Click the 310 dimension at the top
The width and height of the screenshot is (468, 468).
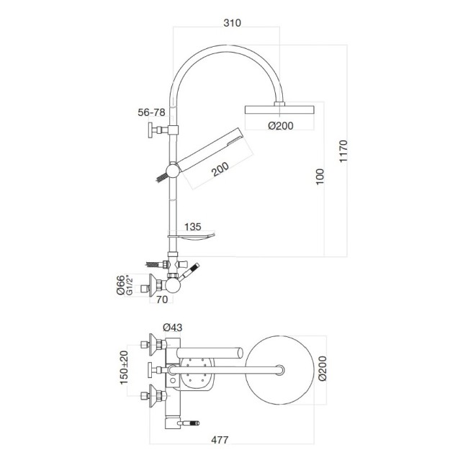pos(231,23)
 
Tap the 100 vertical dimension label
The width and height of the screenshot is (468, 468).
pos(320,176)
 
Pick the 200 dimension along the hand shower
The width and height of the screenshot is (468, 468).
pos(220,170)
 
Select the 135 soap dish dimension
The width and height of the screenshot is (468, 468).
pos(193,227)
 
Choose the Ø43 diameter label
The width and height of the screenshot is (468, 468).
pos(173,326)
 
